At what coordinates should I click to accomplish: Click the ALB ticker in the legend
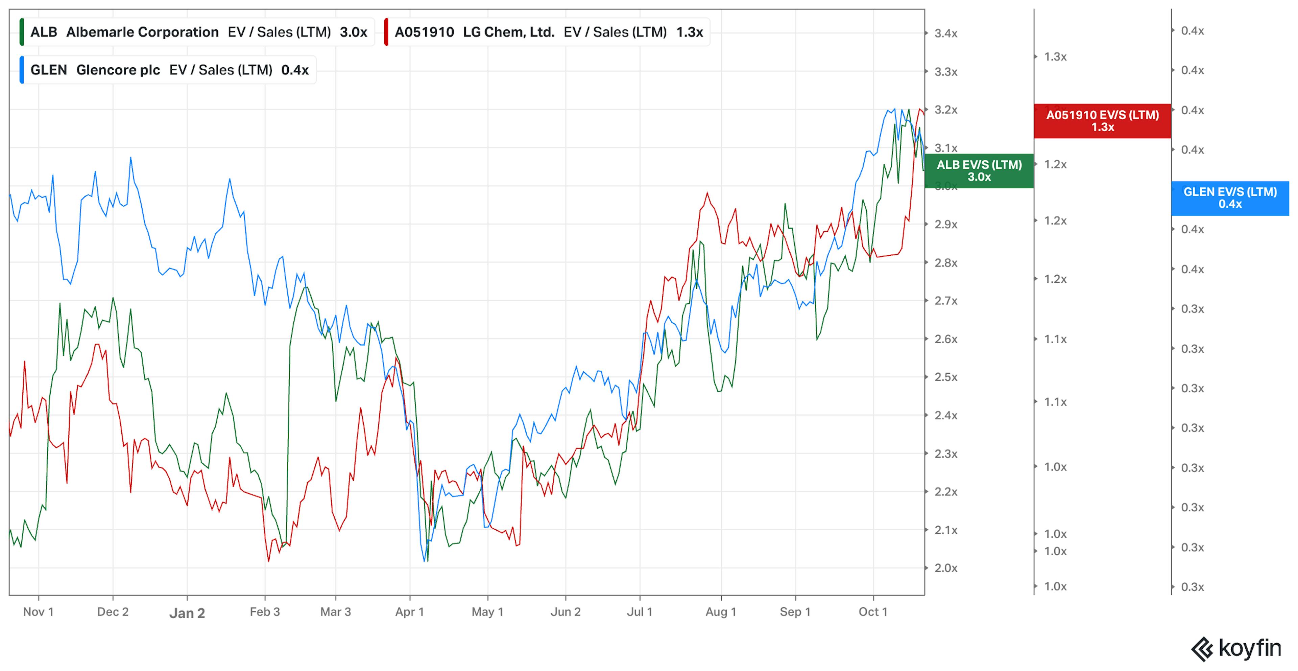pos(43,32)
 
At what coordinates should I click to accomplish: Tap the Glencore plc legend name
pos(118,70)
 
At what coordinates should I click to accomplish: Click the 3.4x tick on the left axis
pos(946,34)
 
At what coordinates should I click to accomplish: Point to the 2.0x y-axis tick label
pos(946,568)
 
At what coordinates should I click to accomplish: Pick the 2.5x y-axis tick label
pos(946,377)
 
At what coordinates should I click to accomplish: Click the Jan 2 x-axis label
pos(187,613)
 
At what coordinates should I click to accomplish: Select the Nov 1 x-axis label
pos(38,612)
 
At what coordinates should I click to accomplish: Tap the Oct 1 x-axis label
pos(873,612)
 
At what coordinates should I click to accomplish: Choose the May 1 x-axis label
pos(487,612)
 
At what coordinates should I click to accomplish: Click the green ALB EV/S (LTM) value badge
pos(979,171)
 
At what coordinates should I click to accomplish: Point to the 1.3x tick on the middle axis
pos(1055,57)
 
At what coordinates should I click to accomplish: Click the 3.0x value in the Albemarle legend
pos(353,32)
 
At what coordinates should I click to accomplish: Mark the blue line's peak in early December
pos(131,158)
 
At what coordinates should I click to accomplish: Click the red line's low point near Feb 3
pos(269,561)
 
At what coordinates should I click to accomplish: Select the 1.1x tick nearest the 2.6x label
pos(1055,339)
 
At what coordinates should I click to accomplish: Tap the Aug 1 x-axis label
pos(721,612)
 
